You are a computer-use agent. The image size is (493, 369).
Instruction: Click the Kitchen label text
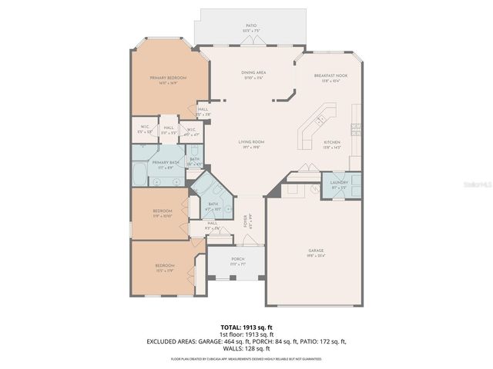332,145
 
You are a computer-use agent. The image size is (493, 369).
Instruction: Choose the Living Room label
251,145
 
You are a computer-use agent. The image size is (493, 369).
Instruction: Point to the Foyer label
246,222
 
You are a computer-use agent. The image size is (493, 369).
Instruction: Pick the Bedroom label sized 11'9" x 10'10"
162,212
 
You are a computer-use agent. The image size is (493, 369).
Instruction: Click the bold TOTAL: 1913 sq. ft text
246,327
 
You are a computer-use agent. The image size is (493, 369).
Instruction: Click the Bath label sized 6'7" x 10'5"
213,206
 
